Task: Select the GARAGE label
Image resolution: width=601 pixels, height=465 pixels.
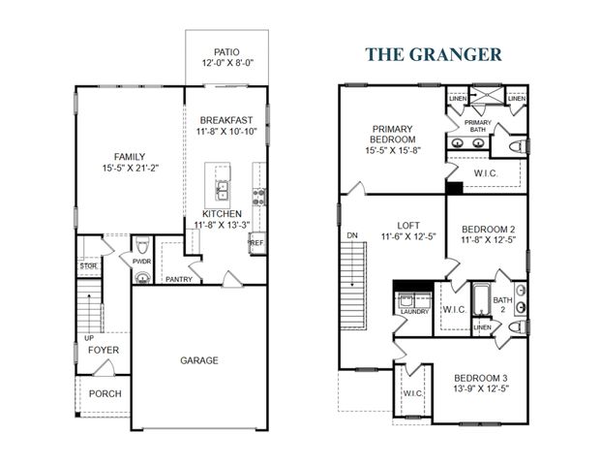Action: coord(198,360)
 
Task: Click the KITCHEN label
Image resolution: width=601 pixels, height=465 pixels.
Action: coord(223,213)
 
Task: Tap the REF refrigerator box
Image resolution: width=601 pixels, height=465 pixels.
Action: coord(256,243)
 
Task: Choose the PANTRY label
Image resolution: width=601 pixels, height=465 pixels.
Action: coord(179,281)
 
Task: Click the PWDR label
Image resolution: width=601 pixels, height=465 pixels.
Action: coord(141,261)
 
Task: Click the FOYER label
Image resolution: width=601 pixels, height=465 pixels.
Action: coord(104,350)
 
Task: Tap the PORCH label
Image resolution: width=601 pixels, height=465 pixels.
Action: coord(105,394)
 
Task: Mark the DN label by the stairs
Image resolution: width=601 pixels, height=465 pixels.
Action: coord(349,235)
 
